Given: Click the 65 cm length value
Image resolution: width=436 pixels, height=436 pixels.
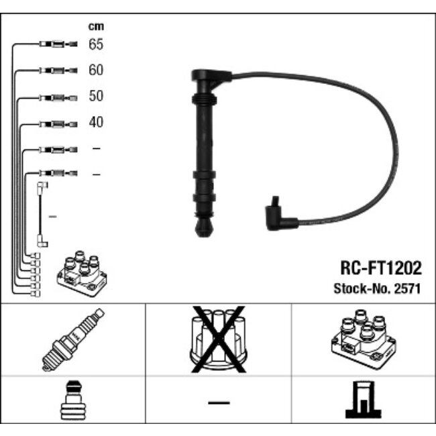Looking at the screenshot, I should pyautogui.click(x=96, y=44).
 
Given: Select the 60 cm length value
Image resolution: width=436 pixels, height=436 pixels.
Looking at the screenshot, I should pyautogui.click(x=96, y=70).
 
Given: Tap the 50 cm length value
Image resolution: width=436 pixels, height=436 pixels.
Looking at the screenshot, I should pyautogui.click(x=96, y=96).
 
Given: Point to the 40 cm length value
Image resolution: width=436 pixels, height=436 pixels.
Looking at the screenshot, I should pyautogui.click(x=96, y=122).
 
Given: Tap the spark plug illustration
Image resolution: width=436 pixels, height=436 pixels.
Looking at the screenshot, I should pyautogui.click(x=73, y=339).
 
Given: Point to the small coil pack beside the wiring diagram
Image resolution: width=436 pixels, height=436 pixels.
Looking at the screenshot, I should pyautogui.click(x=80, y=273).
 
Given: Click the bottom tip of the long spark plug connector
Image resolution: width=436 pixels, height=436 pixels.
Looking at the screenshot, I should pyautogui.click(x=203, y=231).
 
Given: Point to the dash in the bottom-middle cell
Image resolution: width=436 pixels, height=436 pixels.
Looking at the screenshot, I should pyautogui.click(x=218, y=402).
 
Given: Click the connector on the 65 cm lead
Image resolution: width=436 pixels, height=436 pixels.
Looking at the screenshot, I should pyautogui.click(x=58, y=44).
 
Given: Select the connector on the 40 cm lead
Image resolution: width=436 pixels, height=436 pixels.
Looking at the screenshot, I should pyautogui.click(x=58, y=123).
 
